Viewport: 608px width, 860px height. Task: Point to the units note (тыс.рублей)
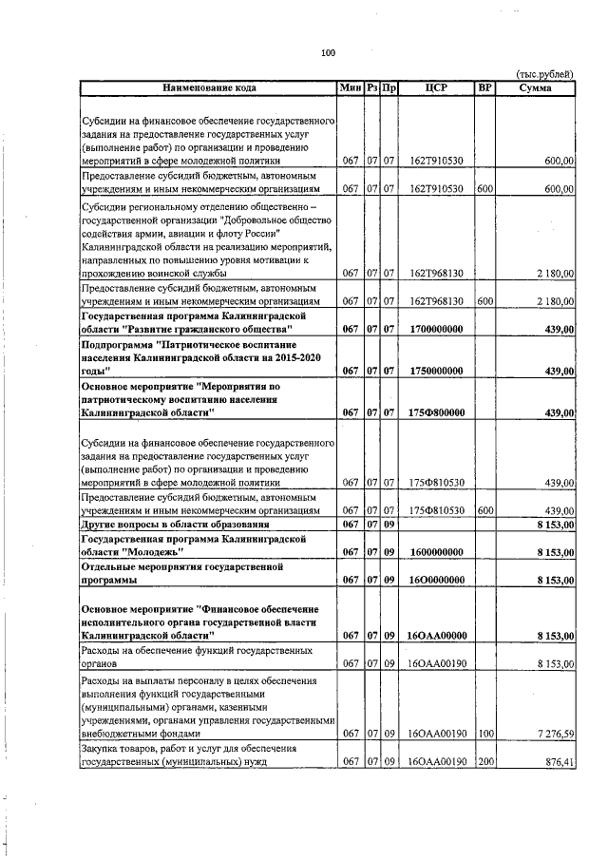coord(544,74)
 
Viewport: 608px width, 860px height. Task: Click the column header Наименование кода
coord(208,87)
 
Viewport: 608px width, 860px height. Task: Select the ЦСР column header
coord(437,87)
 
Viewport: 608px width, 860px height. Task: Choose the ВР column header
coord(484,87)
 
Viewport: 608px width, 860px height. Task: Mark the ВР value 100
coord(484,733)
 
